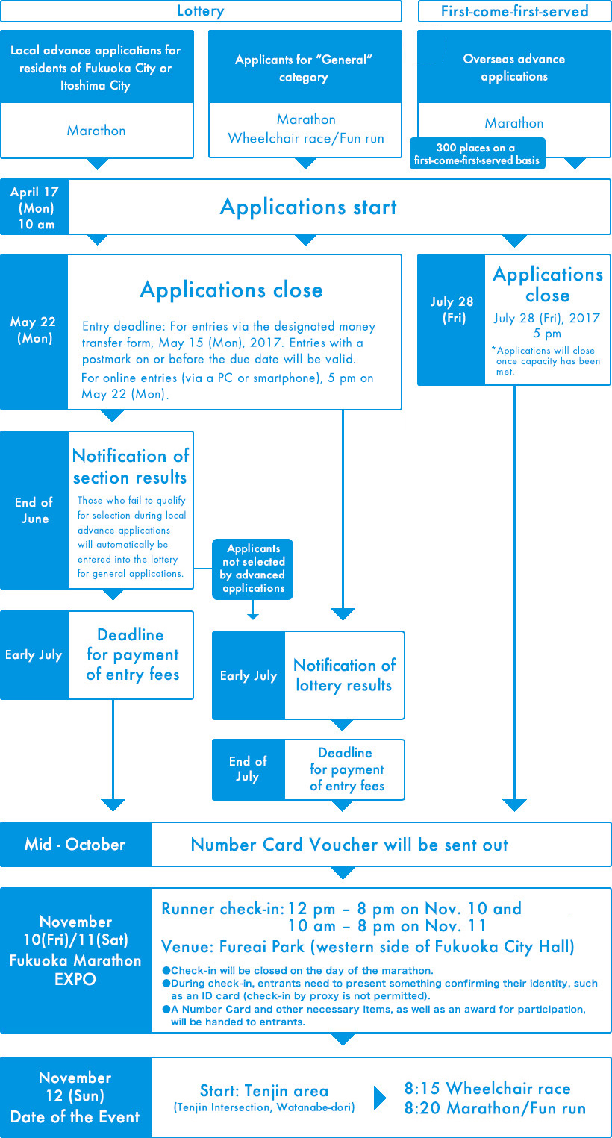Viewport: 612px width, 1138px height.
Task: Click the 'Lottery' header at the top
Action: [x=201, y=11]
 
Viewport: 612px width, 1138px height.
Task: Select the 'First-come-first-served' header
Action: [x=514, y=11]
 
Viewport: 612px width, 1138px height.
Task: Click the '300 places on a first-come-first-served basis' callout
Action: [x=478, y=154]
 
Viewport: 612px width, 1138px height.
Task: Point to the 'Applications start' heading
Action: [x=308, y=207]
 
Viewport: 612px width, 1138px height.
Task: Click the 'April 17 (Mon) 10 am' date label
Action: [x=34, y=207]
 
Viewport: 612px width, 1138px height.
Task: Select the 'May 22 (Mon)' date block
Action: [x=34, y=332]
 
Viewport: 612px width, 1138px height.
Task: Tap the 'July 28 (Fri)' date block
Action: [x=452, y=320]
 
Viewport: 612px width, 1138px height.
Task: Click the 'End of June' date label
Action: [x=34, y=510]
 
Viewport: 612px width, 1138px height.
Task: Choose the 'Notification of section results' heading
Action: [x=131, y=466]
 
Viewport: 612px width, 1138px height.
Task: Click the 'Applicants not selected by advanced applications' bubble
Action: [x=252, y=569]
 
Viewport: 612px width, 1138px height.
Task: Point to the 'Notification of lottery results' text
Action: [x=344, y=675]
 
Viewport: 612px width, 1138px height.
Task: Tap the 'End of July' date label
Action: [x=248, y=769]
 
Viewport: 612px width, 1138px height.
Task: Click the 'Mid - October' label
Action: [x=75, y=844]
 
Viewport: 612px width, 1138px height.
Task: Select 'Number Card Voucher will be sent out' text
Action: [x=349, y=844]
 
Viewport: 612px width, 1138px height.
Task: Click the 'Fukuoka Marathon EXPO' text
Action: [x=75, y=969]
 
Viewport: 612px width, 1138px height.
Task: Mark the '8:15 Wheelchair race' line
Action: [x=487, y=1088]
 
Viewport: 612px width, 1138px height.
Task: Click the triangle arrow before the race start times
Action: [x=380, y=1098]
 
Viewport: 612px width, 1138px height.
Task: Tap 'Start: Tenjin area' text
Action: [x=264, y=1090]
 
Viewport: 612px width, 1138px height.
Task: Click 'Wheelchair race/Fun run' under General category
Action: [x=306, y=138]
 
